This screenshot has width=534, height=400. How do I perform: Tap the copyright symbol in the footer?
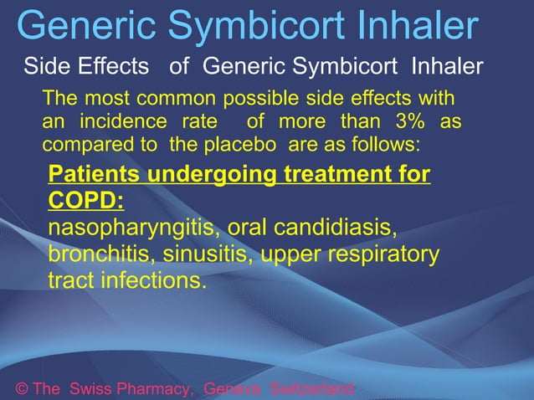point(22,389)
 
